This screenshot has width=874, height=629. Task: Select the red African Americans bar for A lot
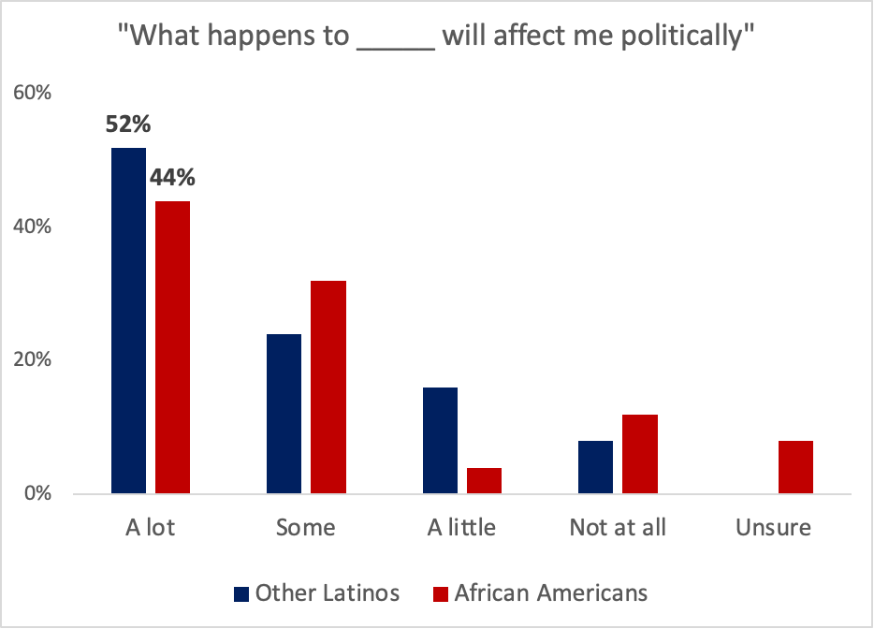pyautogui.click(x=173, y=346)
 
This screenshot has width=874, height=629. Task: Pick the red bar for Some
pyautogui.click(x=328, y=387)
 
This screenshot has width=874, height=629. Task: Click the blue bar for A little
pyautogui.click(x=440, y=440)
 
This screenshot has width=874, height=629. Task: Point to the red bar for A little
pyautogui.click(x=485, y=480)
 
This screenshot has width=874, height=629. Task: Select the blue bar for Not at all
pyautogui.click(x=595, y=466)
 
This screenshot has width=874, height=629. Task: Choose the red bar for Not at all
pyautogui.click(x=640, y=453)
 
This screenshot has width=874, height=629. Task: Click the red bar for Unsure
pyautogui.click(x=795, y=466)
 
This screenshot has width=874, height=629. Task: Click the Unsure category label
pyautogui.click(x=773, y=528)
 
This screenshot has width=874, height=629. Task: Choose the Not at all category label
pyautogui.click(x=618, y=528)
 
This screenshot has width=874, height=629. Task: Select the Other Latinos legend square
pyautogui.click(x=240, y=593)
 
